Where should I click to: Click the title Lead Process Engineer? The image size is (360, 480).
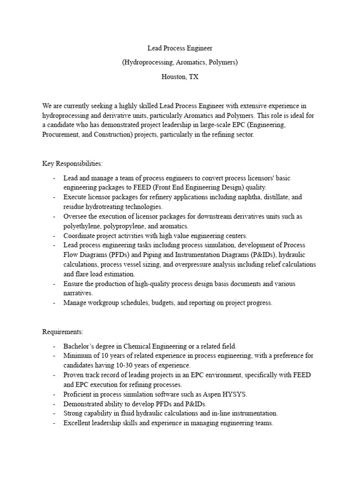tap(180, 48)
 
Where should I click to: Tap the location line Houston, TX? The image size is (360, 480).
tap(180, 77)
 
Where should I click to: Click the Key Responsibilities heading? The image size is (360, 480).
tap(73, 164)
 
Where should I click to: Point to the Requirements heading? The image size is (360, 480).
tap(63, 332)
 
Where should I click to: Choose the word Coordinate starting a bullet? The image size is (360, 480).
tap(80, 236)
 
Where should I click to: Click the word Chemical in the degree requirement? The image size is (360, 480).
tap(139, 346)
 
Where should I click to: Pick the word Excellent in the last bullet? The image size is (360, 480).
tap(78, 423)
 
